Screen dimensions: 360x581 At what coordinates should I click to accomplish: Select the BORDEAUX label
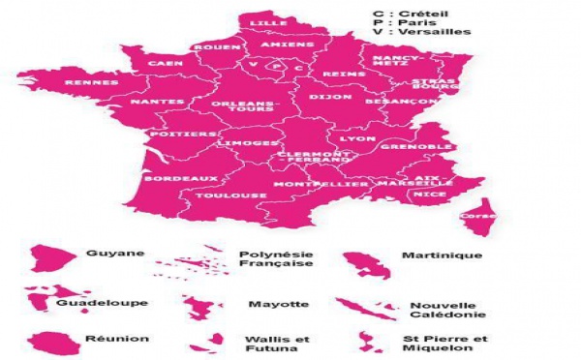click(168, 178)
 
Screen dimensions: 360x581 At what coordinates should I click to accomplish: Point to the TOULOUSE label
click(217, 195)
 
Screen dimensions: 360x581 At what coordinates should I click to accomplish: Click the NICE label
click(423, 194)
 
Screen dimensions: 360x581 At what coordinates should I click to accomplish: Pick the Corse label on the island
click(473, 216)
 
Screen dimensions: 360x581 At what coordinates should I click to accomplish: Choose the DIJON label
click(323, 97)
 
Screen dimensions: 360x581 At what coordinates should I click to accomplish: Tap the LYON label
click(358, 139)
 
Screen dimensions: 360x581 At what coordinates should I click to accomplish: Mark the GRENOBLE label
click(403, 146)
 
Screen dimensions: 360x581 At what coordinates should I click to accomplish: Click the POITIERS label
click(179, 135)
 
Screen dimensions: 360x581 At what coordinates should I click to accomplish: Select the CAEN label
click(165, 64)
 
